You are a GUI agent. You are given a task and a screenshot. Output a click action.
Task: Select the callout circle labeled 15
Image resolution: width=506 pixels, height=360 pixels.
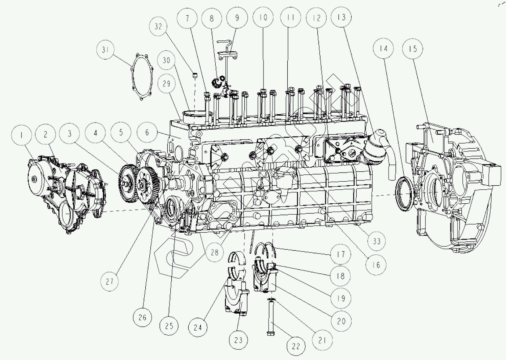coord(412,49)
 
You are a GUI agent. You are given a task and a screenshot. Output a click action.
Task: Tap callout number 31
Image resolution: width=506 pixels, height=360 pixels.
coord(106,50)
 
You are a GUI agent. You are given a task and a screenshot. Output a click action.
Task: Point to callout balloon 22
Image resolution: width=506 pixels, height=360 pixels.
coord(296,346)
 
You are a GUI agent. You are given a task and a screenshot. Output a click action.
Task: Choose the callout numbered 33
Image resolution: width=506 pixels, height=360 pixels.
coord(376,241)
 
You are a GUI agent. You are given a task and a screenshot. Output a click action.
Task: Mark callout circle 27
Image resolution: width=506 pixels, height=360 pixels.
coord(110,281)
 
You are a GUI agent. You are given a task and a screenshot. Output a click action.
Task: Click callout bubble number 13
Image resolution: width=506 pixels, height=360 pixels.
coord(342,17)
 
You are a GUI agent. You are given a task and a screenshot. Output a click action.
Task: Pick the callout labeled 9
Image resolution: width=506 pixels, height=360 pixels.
coord(237,17)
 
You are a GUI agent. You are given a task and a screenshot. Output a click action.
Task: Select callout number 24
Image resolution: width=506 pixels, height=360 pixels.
coord(198,327)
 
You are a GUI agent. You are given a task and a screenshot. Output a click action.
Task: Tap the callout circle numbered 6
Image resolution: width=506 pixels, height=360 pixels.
coord(147,132)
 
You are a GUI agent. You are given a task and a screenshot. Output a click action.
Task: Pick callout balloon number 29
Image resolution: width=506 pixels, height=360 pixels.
coord(167,84)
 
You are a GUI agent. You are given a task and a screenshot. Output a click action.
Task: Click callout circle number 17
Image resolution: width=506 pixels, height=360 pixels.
coord(341,254)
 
